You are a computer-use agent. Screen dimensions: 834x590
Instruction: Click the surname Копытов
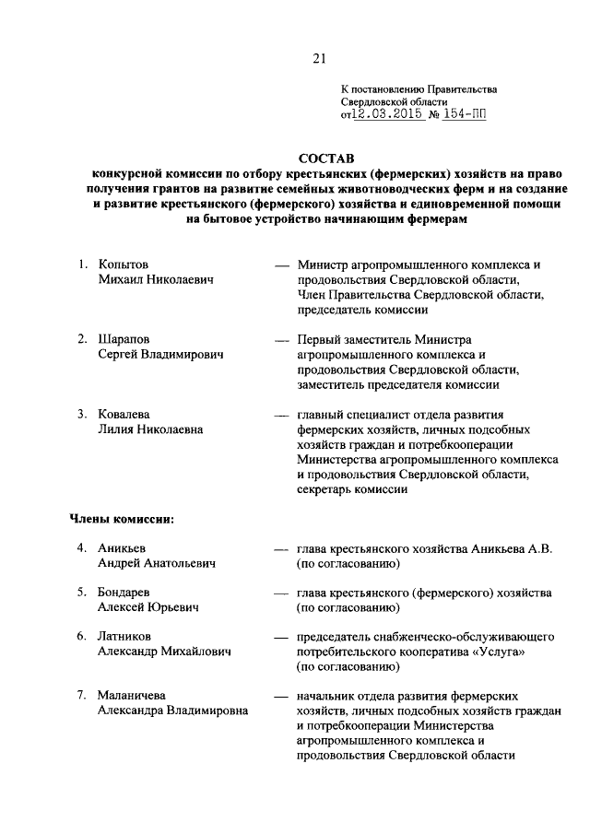tap(124, 265)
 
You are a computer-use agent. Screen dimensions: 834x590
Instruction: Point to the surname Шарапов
tap(125, 339)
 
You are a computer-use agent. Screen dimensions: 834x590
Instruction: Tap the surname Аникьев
tap(124, 548)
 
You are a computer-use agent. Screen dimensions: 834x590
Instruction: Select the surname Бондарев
tap(126, 591)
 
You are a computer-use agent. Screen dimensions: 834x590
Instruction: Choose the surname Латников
tap(126, 636)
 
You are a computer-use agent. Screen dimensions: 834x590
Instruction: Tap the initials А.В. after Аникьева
tap(539, 548)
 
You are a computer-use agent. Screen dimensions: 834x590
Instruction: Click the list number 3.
tap(81, 414)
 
